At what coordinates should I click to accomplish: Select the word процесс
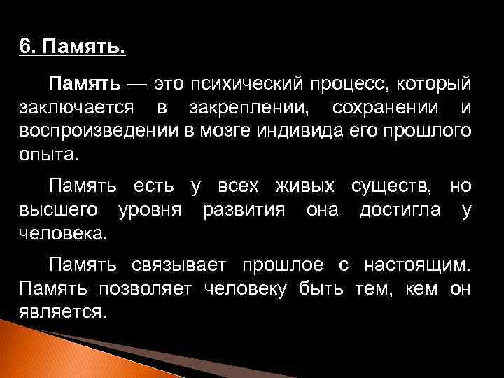(x=352, y=85)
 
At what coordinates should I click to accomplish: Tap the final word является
(x=63, y=311)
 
